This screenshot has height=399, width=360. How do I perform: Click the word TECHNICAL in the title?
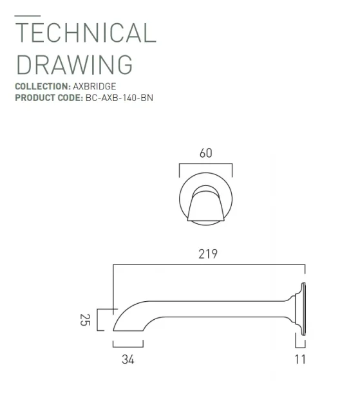click(85, 33)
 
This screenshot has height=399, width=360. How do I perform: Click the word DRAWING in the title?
click(73, 64)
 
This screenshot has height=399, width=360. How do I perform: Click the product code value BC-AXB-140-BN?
click(119, 98)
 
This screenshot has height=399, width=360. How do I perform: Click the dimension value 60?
click(205, 153)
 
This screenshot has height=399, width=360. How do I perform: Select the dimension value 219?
click(207, 254)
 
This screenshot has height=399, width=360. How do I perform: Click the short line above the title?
click(27, 15)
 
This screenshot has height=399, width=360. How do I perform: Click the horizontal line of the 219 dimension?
click(207, 264)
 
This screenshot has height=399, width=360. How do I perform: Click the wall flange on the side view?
click(301, 308)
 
